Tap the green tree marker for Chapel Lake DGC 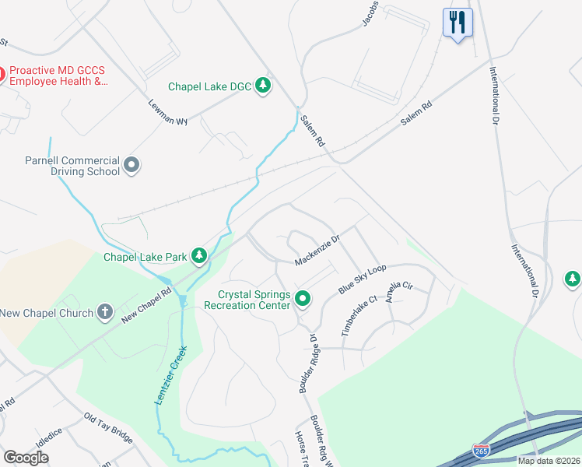[x=263, y=86]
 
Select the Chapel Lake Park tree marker [x=200, y=255]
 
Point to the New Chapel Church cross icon [x=106, y=313]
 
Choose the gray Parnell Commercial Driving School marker [x=131, y=165]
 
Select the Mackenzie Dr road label [x=317, y=251]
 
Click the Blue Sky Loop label [x=362, y=279]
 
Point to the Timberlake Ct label [x=359, y=316]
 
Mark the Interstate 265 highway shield [x=482, y=451]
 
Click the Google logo [x=26, y=458]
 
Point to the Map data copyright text [x=549, y=461]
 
